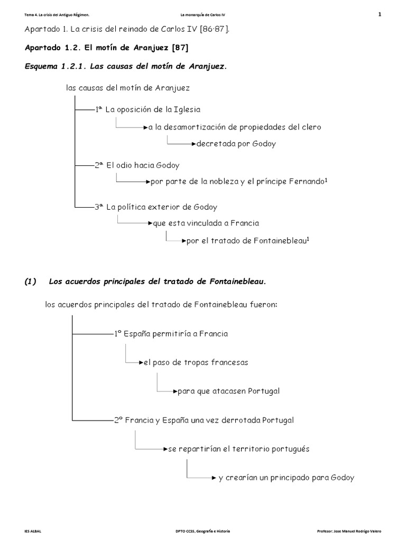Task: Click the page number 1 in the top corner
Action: [x=380, y=14]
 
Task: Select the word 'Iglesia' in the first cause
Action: [x=187, y=109]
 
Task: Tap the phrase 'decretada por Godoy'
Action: [x=236, y=144]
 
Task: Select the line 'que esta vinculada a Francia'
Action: [x=206, y=223]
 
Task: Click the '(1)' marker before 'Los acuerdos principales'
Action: [x=31, y=282]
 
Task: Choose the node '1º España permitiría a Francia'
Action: [x=171, y=334]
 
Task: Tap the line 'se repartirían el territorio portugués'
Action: [x=239, y=449]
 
